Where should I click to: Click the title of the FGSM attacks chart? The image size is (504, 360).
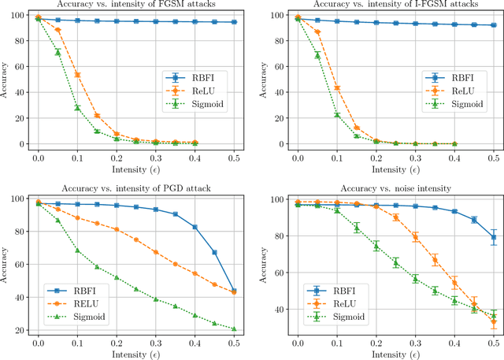coord(135,6)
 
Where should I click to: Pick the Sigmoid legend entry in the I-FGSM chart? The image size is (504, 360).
coord(451,103)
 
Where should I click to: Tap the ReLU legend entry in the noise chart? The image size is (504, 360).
coord(339,302)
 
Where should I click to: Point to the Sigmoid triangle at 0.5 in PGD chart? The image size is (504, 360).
coord(234,329)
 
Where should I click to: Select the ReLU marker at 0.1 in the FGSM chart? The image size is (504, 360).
coord(77,76)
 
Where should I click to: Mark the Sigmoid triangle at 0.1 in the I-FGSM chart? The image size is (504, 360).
coord(337,115)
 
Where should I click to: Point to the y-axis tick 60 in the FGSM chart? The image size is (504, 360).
coord(20,66)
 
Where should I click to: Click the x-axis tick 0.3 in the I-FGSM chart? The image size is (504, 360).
coord(415,158)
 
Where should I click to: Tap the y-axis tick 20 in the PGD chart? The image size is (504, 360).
coord(20,330)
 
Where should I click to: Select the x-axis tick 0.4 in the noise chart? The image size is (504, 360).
coord(454,343)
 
